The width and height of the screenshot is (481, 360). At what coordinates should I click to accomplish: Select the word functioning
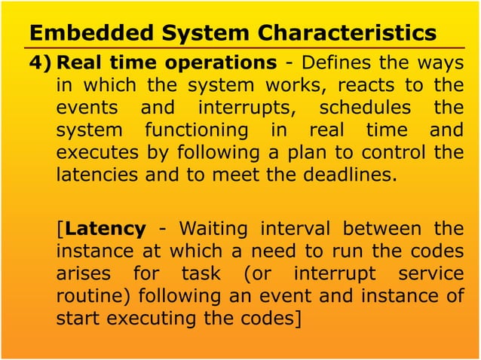pos(188,130)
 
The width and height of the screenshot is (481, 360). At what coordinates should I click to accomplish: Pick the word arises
pos(84,273)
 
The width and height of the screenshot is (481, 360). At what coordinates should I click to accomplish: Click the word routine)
pos(95,295)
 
